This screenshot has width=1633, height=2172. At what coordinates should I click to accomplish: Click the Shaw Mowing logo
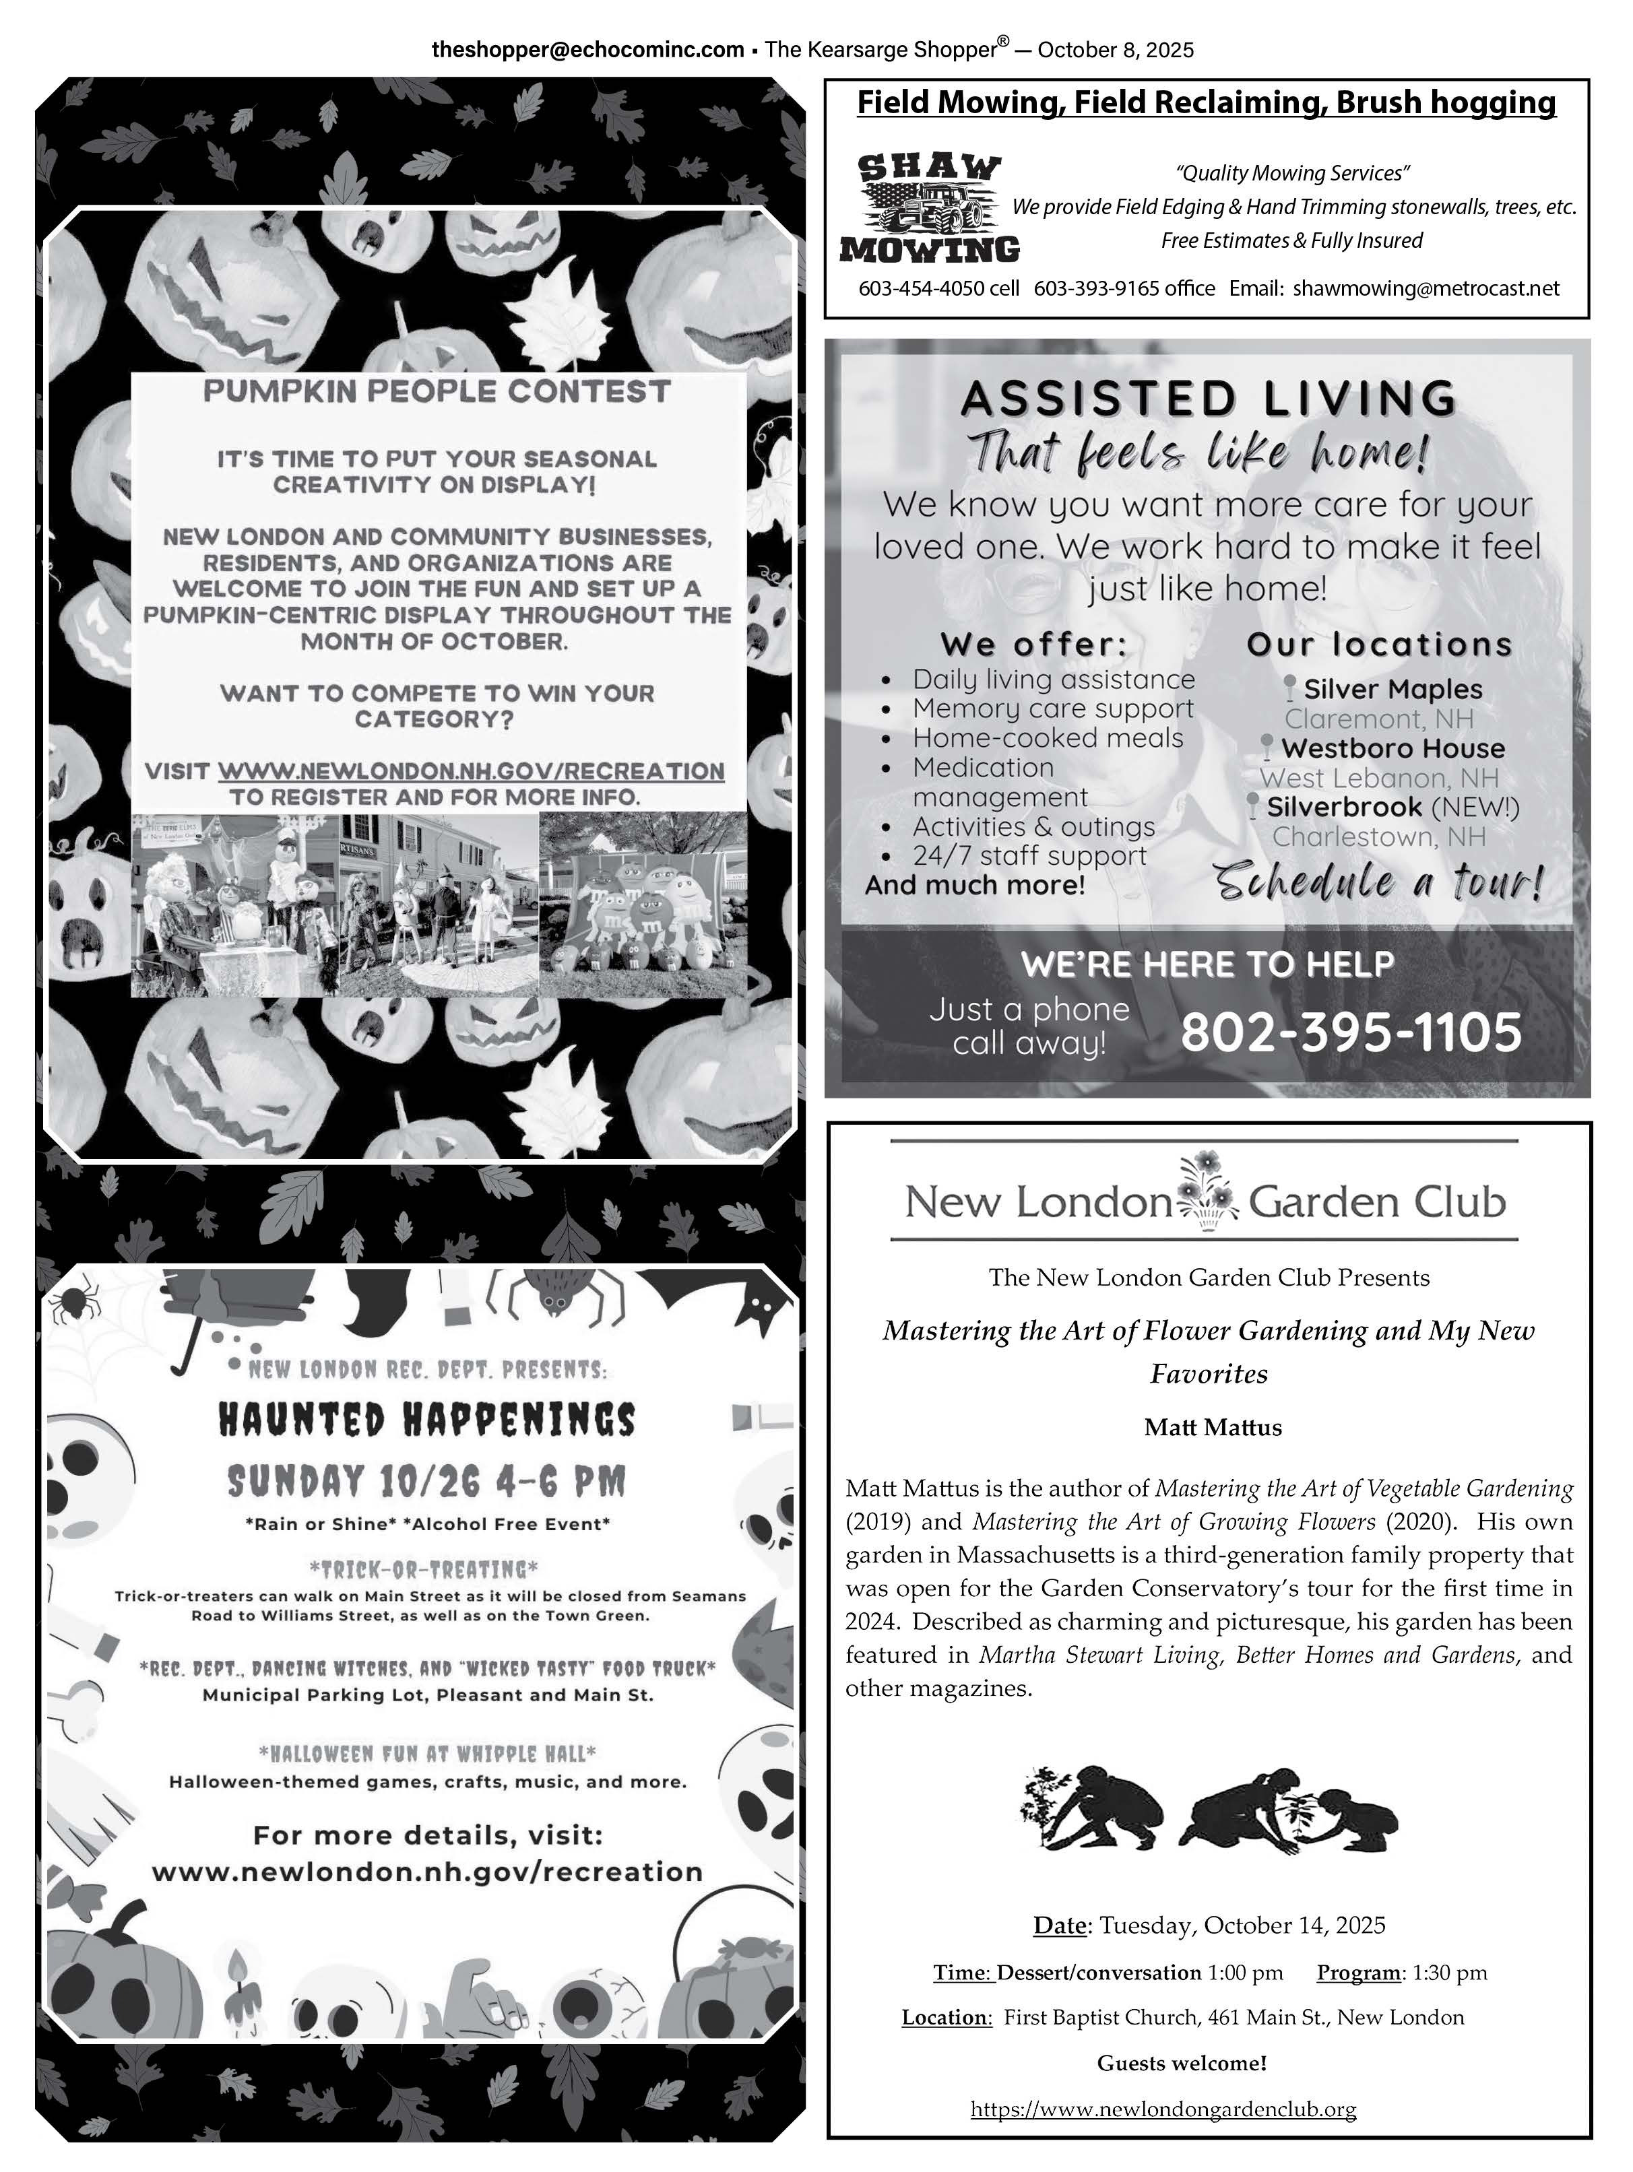929,208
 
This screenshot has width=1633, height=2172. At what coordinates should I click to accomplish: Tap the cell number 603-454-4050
938,289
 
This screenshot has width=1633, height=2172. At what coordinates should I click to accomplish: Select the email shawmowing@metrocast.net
1426,289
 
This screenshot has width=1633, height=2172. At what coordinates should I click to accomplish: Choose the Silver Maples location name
1392,689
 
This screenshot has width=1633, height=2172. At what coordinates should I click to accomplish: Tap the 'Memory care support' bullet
1053,709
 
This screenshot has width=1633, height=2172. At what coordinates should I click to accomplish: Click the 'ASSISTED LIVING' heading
1208,399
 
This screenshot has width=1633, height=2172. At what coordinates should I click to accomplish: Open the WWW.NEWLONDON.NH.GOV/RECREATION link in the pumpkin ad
472,772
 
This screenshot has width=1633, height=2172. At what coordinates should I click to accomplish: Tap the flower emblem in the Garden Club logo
1209,1192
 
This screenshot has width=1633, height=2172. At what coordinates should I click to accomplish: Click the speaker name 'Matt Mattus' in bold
1213,1428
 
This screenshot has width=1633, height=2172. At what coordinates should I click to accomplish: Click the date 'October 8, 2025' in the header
1116,50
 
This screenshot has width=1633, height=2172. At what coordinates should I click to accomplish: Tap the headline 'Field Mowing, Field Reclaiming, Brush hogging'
1206,103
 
